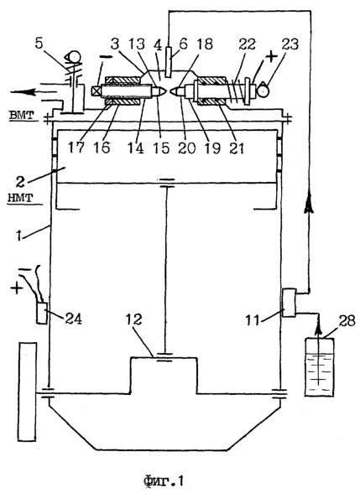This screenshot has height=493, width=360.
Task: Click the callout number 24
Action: point(73,319)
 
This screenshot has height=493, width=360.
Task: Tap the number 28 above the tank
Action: point(347,321)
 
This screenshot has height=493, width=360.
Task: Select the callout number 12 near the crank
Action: point(134,319)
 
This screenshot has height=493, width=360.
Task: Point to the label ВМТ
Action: point(21,116)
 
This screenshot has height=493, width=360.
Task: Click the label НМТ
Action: point(19,199)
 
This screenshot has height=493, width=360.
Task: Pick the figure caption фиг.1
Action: point(164,480)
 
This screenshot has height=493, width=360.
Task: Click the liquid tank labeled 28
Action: point(320,366)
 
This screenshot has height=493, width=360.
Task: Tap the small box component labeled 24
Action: point(42,313)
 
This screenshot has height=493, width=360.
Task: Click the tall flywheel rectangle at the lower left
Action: point(28,392)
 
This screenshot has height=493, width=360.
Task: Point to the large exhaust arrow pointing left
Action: point(34,92)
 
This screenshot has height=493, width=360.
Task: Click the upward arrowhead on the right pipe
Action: point(309,205)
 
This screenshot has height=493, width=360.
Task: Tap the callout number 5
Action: point(39,44)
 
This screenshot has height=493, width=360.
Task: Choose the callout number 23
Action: point(290,44)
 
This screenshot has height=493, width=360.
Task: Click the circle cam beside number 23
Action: point(263,91)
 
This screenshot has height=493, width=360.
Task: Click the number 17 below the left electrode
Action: point(77,148)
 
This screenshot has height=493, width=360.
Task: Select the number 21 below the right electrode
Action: point(237,148)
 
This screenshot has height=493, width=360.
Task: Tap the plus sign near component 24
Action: point(18,287)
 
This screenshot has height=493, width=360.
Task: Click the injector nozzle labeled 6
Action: point(168,62)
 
